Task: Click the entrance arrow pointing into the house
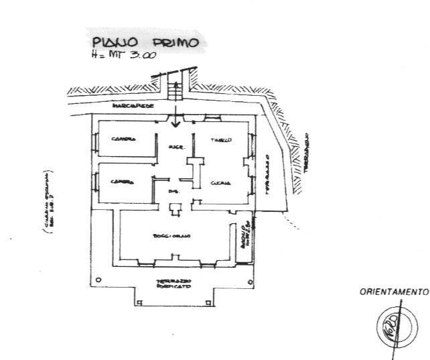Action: (175, 119)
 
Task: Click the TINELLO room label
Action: (222, 140)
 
